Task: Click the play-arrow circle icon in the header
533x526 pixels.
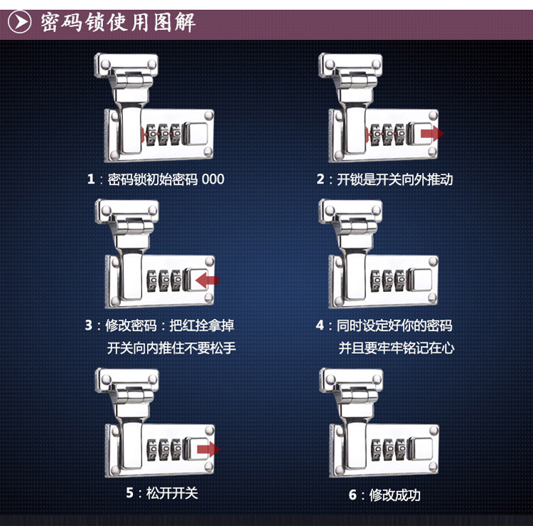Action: click(x=19, y=22)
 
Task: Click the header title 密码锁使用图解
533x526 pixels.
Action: click(x=118, y=23)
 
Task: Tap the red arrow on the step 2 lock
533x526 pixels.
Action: click(x=432, y=134)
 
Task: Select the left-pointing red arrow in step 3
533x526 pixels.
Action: click(x=207, y=280)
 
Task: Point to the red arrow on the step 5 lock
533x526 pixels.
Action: click(x=209, y=449)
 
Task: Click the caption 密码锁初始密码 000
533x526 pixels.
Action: click(x=166, y=179)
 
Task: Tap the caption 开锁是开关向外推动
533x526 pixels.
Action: click(x=394, y=179)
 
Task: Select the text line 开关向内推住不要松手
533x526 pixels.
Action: click(x=171, y=348)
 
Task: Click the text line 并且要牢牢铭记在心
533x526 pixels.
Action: click(x=397, y=348)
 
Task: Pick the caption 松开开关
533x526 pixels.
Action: click(x=172, y=493)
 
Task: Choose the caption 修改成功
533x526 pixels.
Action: click(x=394, y=495)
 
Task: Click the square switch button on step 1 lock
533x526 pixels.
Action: click(x=196, y=134)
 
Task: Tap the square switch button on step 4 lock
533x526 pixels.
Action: click(x=421, y=280)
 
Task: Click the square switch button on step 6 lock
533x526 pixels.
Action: click(x=421, y=448)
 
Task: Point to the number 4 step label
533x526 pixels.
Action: click(x=320, y=325)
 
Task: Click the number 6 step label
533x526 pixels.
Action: click(x=352, y=495)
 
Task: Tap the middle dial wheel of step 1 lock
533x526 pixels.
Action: click(x=164, y=135)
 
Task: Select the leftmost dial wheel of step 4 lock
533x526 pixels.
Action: click(x=376, y=280)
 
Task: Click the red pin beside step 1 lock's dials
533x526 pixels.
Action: click(x=143, y=134)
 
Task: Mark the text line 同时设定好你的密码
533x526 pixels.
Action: click(x=394, y=325)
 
